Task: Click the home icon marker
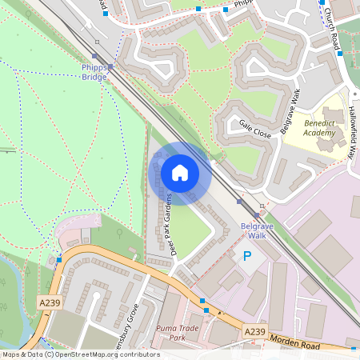(x=180, y=173)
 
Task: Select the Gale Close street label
(x=255, y=128)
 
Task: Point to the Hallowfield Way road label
(x=351, y=133)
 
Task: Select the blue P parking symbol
(x=246, y=257)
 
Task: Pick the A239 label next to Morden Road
(x=254, y=331)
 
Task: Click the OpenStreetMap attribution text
(x=80, y=354)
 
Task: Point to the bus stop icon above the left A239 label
(x=59, y=259)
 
